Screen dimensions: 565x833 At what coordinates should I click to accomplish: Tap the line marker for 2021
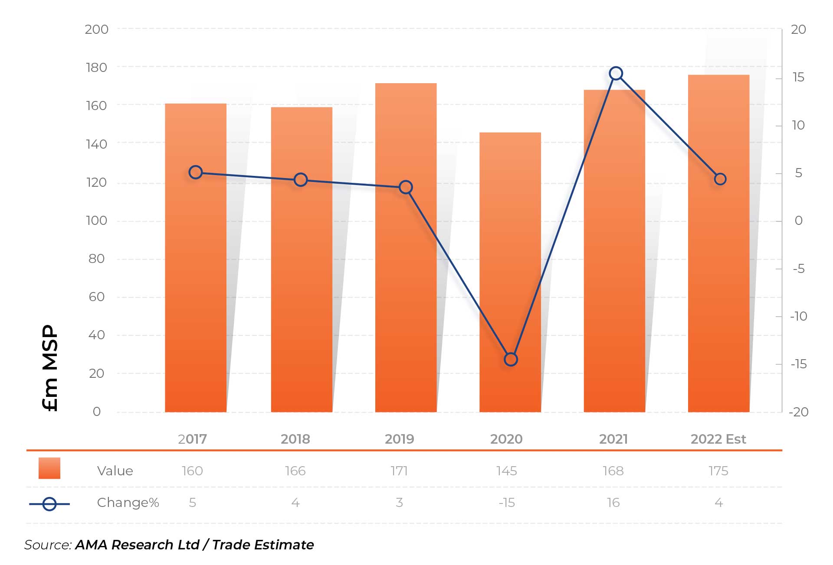point(616,74)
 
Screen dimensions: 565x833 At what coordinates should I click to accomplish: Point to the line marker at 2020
point(511,359)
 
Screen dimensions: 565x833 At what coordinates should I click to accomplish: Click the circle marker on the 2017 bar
point(196,172)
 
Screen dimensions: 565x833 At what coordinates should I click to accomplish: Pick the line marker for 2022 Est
point(720,179)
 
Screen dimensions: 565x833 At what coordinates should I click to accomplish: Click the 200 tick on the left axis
point(96,29)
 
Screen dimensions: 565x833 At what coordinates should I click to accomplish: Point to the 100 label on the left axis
point(96,221)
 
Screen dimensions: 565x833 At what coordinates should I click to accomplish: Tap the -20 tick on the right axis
point(798,412)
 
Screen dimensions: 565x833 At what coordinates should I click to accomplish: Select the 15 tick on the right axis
point(798,78)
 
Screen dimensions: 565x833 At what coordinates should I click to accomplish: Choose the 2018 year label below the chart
point(295,439)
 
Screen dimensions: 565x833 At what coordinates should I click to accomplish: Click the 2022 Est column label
point(718,439)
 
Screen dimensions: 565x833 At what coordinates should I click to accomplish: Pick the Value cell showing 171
point(399,471)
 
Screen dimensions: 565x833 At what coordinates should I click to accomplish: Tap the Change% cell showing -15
point(506,503)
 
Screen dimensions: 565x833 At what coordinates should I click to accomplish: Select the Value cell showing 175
point(718,471)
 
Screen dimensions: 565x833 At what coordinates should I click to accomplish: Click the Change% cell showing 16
point(613,503)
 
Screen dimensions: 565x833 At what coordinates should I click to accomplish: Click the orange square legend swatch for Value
point(49,468)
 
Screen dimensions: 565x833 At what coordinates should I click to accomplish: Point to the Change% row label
point(128,503)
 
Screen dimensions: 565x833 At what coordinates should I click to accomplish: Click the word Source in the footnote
point(47,545)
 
